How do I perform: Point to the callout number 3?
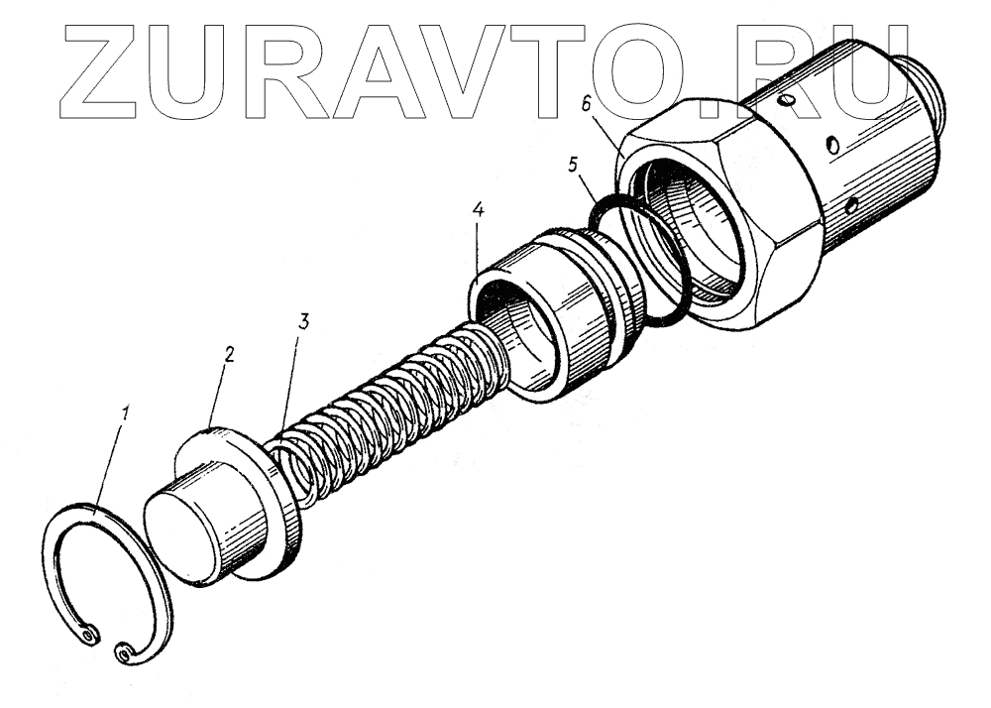tap(304, 321)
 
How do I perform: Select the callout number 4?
tap(478, 212)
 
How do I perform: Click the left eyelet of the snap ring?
tap(90, 631)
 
